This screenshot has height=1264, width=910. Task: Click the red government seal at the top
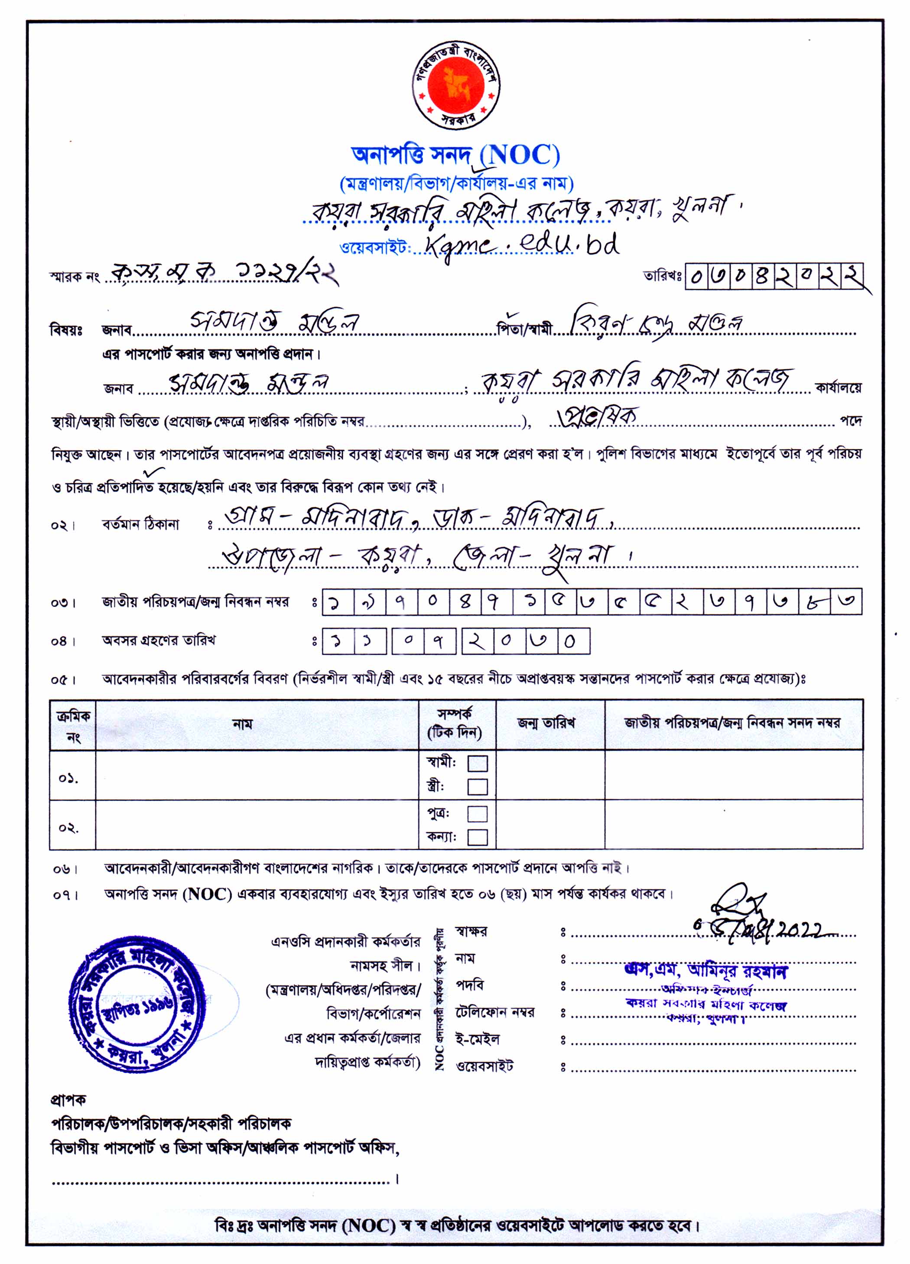(455, 85)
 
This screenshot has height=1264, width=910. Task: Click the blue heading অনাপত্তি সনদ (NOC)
(455, 155)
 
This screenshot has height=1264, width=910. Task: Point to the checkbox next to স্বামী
(477, 763)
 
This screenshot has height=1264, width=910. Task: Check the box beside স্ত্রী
(477, 786)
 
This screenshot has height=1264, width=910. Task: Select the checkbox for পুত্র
(477, 814)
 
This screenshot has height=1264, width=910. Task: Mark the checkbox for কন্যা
(477, 837)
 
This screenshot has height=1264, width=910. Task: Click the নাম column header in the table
(242, 724)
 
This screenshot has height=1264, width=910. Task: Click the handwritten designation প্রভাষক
(597, 416)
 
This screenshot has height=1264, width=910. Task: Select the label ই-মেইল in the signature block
(477, 1039)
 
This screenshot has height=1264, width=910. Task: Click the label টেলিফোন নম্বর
(494, 1012)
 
